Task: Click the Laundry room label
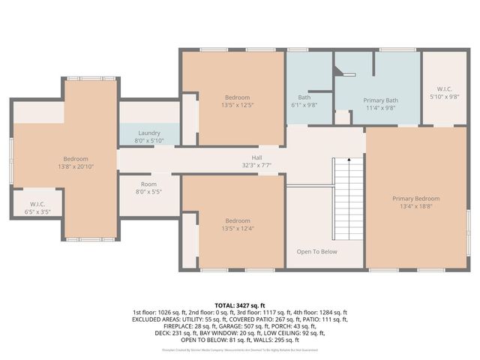point(149,133)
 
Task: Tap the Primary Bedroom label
point(416,198)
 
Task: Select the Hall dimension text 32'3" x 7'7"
point(256,165)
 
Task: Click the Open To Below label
point(316,251)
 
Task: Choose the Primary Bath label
point(379,100)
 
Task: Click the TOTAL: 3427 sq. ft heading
point(240,306)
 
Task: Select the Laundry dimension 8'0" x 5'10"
point(149,140)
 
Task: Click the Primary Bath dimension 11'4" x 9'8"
point(379,107)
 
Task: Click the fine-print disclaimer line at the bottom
point(240,349)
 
